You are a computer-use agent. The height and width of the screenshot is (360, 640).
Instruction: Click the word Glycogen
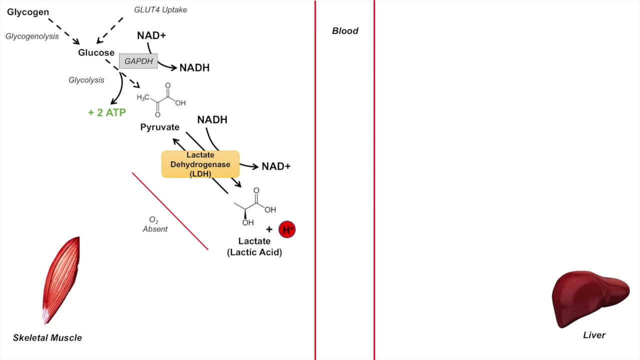tap(28, 12)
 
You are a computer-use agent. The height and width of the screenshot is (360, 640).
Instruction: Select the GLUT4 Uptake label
tap(160, 9)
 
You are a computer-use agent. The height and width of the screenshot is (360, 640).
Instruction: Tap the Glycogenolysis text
tap(32, 36)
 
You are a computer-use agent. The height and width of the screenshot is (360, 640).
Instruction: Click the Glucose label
tap(96, 52)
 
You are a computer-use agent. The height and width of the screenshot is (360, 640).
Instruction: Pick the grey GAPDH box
tap(138, 61)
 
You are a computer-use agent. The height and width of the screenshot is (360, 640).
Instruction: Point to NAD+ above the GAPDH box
tap(151, 35)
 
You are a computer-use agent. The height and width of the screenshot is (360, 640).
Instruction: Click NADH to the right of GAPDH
tap(194, 67)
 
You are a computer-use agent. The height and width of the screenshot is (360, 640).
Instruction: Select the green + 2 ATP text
tap(107, 112)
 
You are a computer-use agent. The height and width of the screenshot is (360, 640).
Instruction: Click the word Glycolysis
tap(86, 80)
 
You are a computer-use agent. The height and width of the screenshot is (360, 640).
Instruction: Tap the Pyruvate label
tap(159, 127)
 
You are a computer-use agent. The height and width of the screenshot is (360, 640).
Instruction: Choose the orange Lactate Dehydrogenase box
tap(200, 164)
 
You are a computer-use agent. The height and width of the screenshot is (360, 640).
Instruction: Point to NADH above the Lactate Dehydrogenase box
tap(212, 119)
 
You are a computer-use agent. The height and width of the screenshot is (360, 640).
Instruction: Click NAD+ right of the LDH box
tap(276, 166)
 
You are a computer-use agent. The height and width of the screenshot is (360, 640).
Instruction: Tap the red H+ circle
tap(287, 229)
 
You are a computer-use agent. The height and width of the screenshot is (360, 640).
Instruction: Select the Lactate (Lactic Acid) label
tap(254, 246)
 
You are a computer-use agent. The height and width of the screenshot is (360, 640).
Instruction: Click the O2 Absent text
tap(155, 224)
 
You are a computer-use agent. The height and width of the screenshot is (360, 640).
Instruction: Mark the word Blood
tap(345, 31)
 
